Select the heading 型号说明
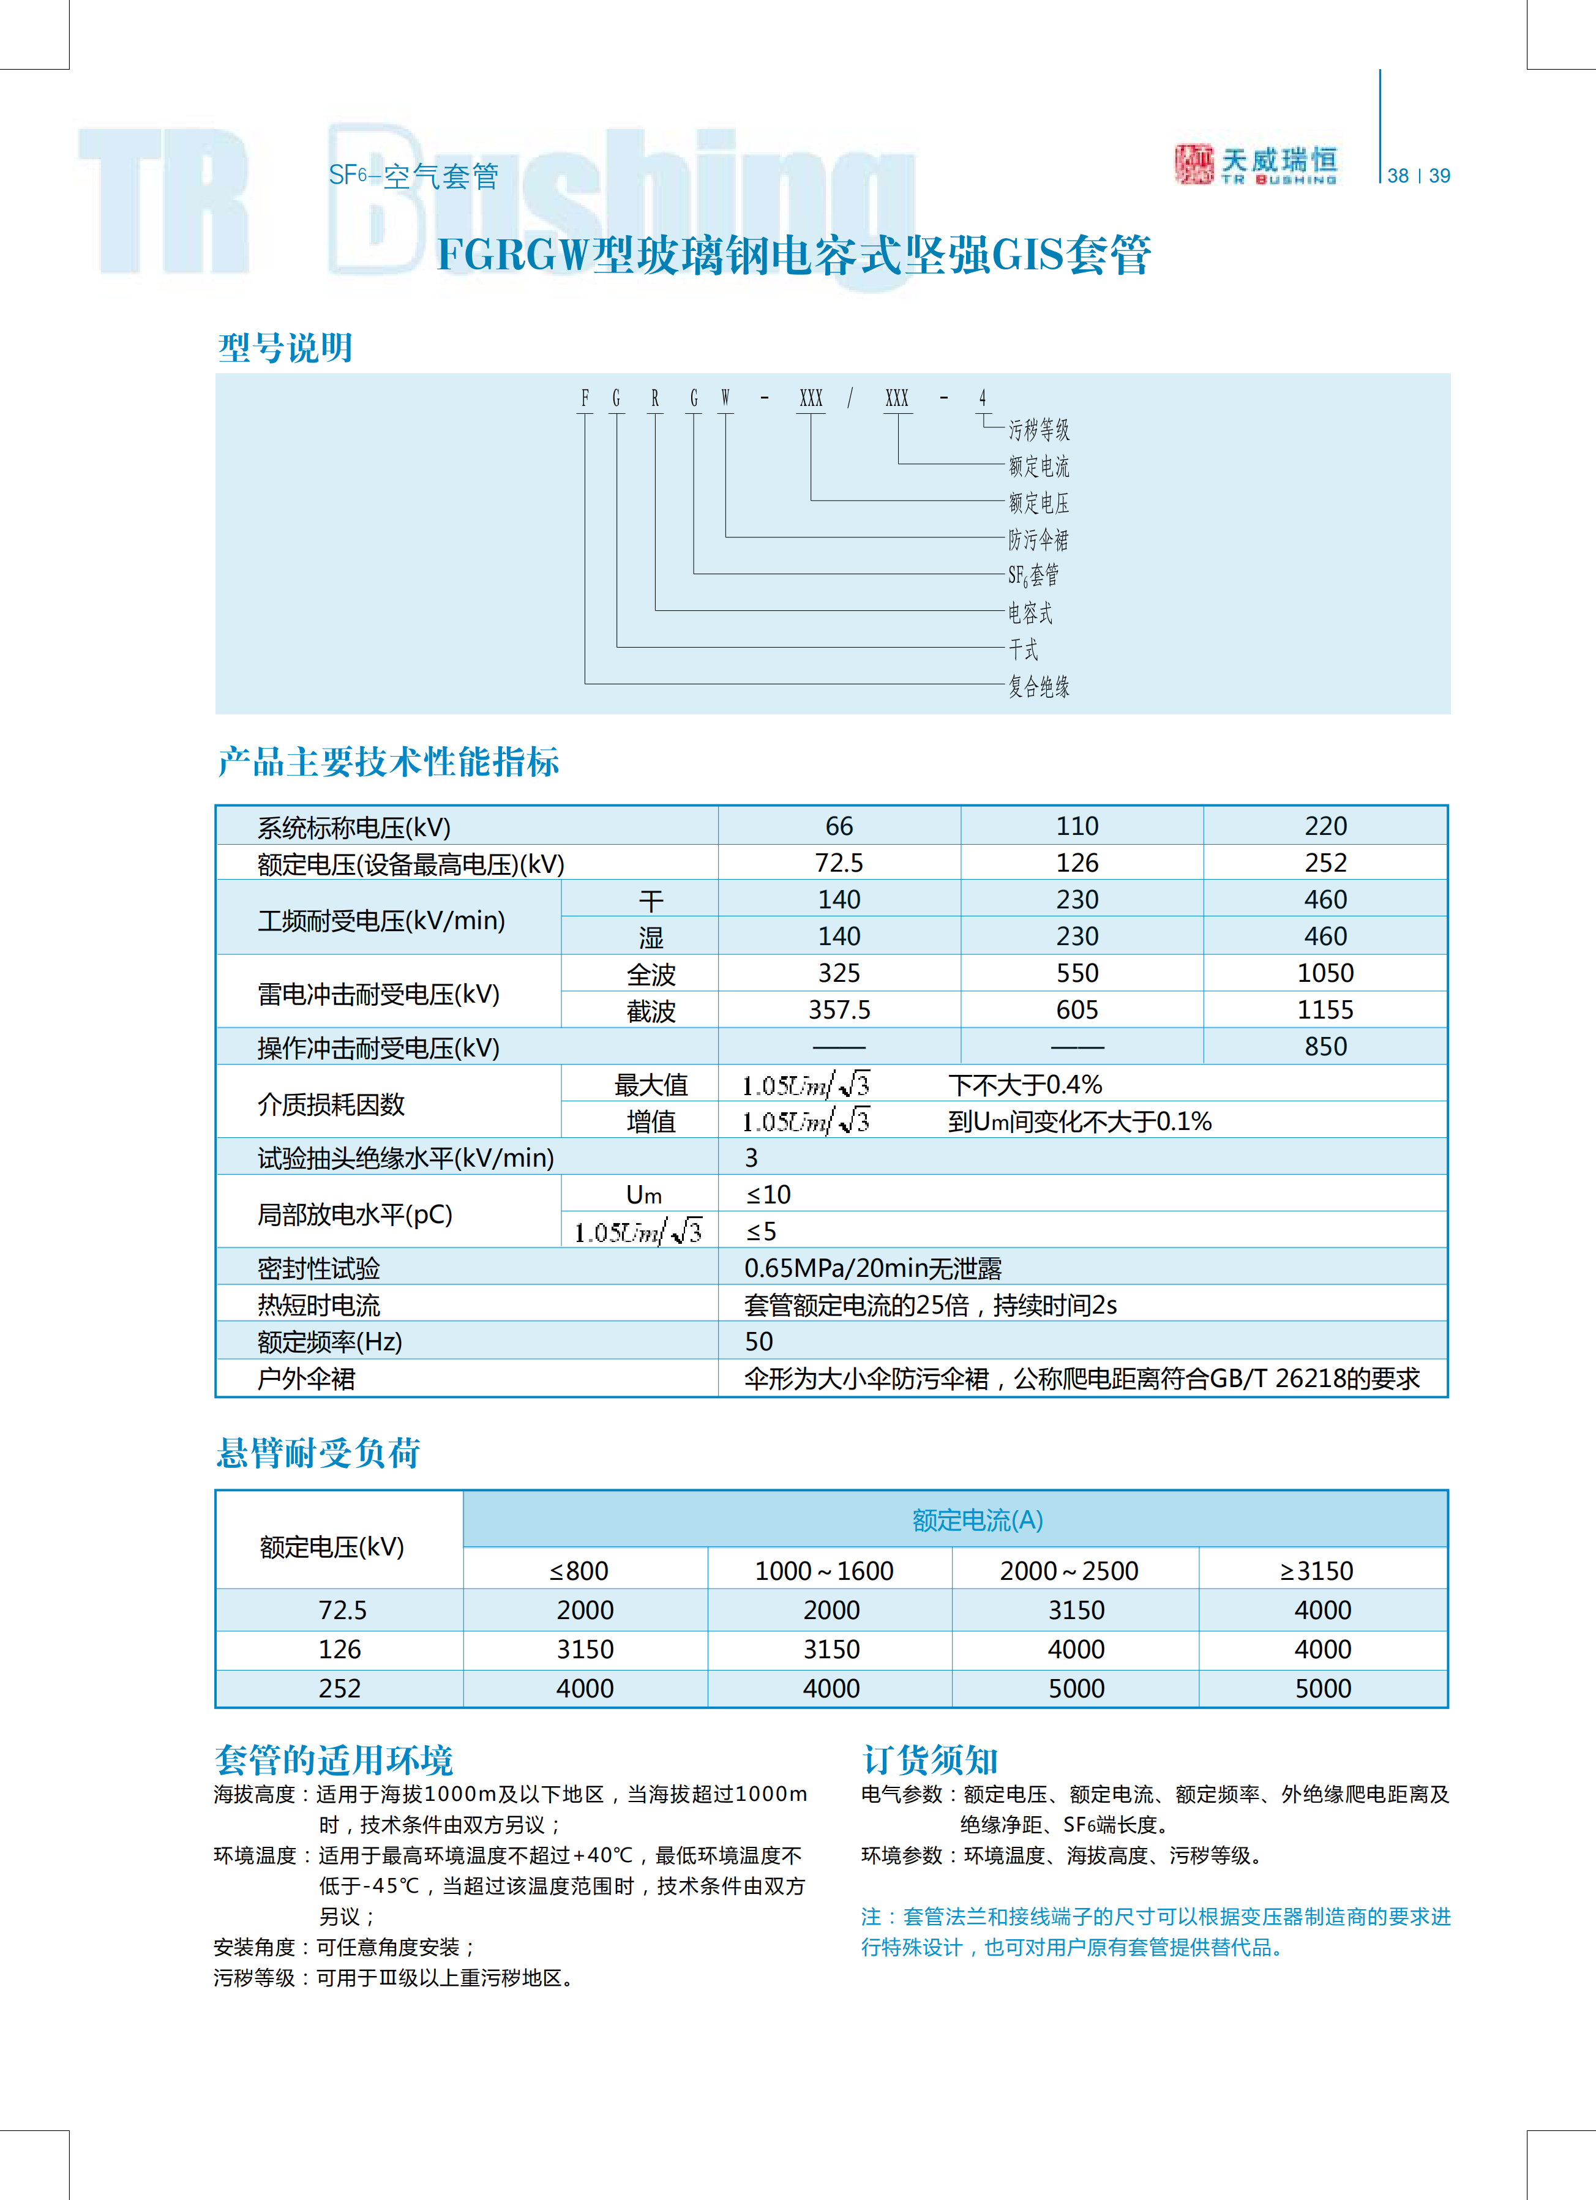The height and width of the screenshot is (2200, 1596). (x=285, y=347)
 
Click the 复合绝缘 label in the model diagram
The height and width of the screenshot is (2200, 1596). (x=1038, y=687)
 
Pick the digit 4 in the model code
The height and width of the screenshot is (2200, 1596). (x=982, y=398)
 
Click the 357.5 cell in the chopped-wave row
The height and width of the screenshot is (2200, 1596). (x=839, y=1010)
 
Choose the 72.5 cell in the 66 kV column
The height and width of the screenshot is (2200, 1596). (x=839, y=862)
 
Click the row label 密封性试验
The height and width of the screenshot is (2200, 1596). (x=318, y=1268)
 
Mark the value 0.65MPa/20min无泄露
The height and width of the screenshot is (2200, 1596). (x=872, y=1268)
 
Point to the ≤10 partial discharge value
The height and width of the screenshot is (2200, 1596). (x=768, y=1194)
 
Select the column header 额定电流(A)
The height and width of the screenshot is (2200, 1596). (x=977, y=1520)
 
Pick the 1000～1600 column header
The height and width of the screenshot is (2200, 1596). (x=823, y=1571)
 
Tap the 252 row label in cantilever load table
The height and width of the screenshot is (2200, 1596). (x=340, y=1689)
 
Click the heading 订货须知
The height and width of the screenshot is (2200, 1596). (x=929, y=1760)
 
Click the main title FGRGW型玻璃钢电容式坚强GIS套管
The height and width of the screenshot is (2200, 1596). (x=793, y=255)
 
